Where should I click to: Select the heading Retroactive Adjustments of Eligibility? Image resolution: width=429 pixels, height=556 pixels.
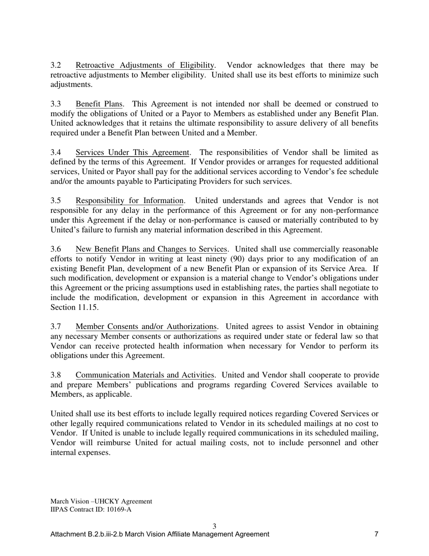145,66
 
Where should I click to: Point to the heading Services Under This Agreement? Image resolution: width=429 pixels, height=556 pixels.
132,153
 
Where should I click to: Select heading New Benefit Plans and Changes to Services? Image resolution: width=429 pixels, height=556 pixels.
151,250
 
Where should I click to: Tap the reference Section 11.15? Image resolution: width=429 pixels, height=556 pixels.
69,307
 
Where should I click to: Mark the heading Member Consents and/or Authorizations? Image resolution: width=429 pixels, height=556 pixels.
146,327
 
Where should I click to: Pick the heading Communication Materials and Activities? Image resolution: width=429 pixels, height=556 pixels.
145,375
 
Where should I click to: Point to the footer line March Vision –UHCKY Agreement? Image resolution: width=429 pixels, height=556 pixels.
101,501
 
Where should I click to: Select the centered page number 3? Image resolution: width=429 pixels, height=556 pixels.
214,526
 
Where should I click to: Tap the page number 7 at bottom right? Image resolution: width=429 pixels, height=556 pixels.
376,534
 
